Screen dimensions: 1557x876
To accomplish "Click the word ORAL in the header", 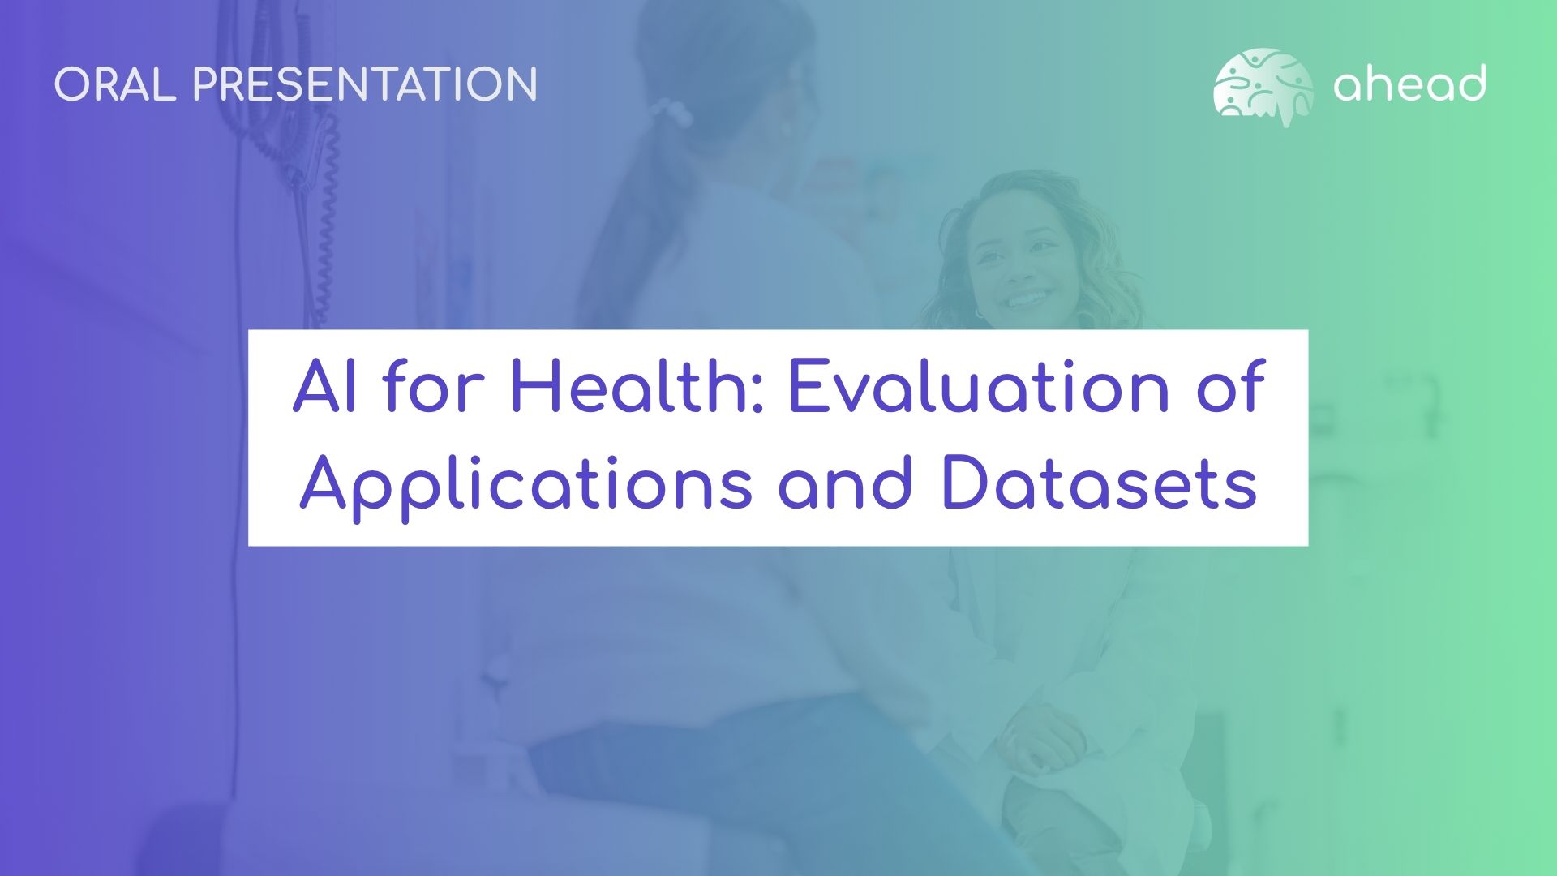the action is [x=115, y=84].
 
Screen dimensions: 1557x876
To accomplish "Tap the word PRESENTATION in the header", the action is [x=365, y=84].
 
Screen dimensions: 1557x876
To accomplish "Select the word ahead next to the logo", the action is [x=1409, y=84].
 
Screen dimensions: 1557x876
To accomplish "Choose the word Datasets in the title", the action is [x=1099, y=483].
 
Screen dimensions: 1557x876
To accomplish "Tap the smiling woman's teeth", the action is [x=1028, y=298].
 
